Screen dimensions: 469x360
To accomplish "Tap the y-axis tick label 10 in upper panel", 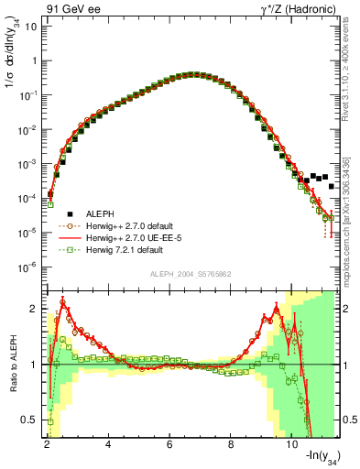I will click(x=30, y=25).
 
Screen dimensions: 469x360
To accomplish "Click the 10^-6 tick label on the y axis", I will click(x=28, y=267).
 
